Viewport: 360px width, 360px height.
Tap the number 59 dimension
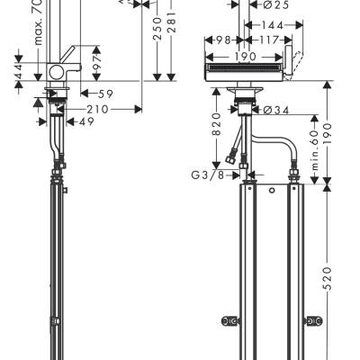[104, 93]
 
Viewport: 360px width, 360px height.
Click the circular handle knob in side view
[59, 75]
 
